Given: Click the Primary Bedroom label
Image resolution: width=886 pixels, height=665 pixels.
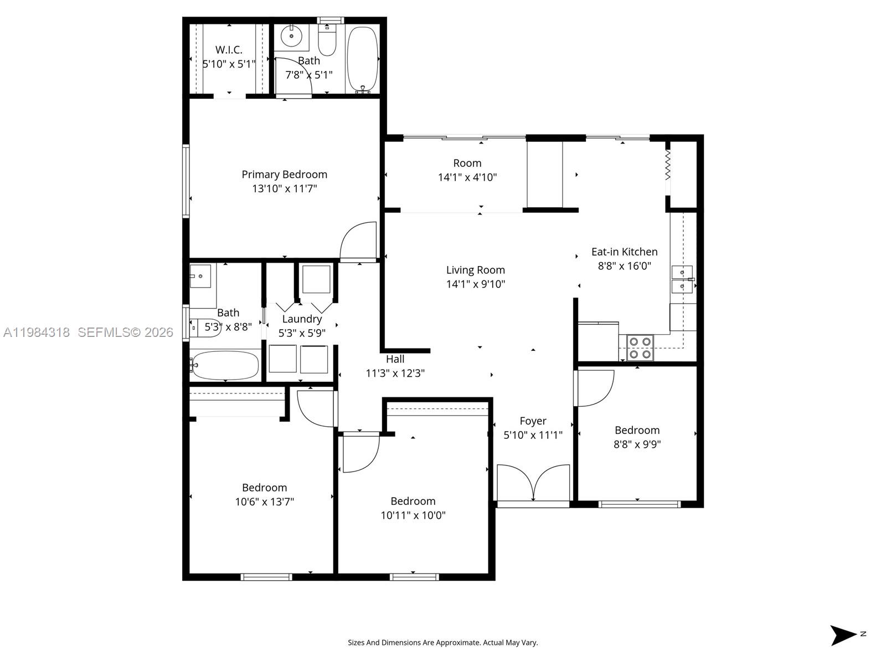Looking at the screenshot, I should click(284, 175).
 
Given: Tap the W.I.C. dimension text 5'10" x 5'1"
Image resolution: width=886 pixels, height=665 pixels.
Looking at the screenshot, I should click(229, 64).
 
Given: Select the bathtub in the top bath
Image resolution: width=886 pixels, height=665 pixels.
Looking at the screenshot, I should click(362, 58).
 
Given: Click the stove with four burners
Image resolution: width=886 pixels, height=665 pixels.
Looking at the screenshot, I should click(640, 348).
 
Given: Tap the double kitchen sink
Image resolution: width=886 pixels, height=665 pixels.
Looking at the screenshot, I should click(682, 279).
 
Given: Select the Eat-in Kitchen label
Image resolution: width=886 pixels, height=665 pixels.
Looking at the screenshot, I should click(624, 252).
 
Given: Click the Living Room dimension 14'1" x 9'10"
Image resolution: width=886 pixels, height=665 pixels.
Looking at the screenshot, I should click(476, 284).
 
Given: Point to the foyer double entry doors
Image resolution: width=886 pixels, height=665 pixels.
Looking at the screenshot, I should click(533, 483).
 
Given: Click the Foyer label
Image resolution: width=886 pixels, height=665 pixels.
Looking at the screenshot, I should click(533, 421).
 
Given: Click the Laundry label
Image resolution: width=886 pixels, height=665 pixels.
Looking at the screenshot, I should click(302, 319).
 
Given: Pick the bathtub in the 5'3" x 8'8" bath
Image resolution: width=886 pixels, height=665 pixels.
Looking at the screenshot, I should click(224, 365).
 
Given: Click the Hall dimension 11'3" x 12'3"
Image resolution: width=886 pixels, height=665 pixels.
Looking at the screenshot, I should click(395, 374).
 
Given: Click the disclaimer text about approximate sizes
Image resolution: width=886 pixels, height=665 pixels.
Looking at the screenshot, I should click(442, 643).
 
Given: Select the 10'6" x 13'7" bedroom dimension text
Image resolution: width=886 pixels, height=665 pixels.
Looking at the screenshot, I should click(264, 502).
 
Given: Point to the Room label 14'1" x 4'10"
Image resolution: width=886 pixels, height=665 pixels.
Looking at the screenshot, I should click(467, 163).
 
